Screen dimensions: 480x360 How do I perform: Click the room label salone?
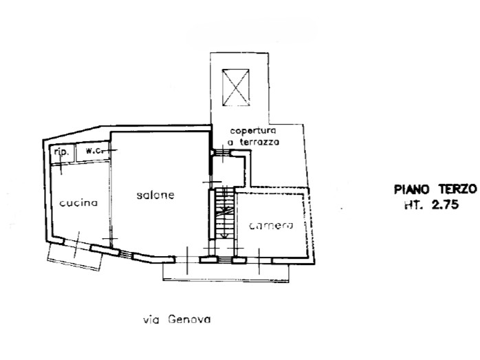[x=155, y=195]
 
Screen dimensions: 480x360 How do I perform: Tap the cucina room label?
[x=78, y=203]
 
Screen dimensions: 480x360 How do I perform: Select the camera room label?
[x=271, y=226]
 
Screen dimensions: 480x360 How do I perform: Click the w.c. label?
[x=93, y=151]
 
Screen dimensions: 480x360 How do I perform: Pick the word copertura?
[x=253, y=131]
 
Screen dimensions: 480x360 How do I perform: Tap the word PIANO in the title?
[x=413, y=189]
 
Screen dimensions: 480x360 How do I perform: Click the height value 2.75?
[x=445, y=204]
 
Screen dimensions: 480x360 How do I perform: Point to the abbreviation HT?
[x=414, y=204]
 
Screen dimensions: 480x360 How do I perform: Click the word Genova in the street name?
[x=190, y=320]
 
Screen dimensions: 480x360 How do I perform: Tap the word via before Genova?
[x=151, y=321]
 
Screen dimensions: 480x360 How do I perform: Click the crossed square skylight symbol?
[x=235, y=87]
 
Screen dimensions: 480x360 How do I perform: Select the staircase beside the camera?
[x=224, y=213]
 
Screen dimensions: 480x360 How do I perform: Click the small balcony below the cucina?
[x=76, y=256]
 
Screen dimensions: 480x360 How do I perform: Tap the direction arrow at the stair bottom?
[x=224, y=225]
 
